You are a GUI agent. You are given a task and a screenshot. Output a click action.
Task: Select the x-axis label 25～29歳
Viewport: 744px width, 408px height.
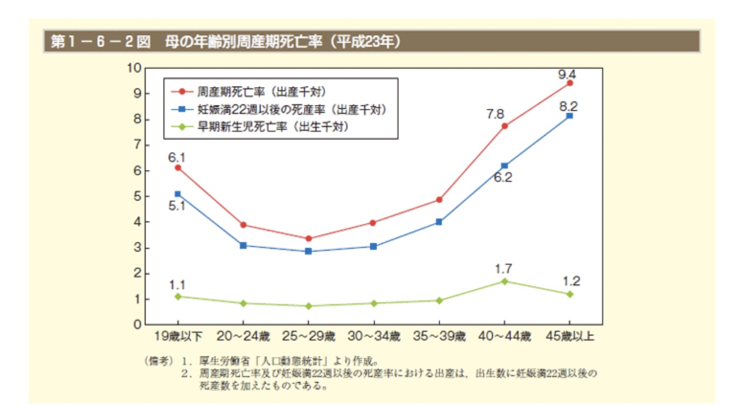tap(308, 337)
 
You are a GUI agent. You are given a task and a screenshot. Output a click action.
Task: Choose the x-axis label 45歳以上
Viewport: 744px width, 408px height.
tap(570, 337)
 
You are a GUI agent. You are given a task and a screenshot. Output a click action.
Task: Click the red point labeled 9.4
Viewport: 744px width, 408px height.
tap(570, 83)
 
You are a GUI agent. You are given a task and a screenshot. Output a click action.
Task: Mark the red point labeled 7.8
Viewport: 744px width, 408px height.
tap(504, 126)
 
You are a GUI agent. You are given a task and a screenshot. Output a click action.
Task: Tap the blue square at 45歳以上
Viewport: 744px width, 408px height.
tap(570, 116)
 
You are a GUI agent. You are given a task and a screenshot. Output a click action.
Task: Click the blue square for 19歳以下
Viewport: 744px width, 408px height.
tap(177, 194)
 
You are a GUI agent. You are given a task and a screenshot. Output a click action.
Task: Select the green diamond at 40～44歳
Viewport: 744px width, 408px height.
tap(504, 281)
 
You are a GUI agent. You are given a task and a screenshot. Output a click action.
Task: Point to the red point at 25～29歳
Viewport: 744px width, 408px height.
tap(308, 239)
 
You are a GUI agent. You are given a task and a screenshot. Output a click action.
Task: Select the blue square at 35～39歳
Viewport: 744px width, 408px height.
tap(439, 222)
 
